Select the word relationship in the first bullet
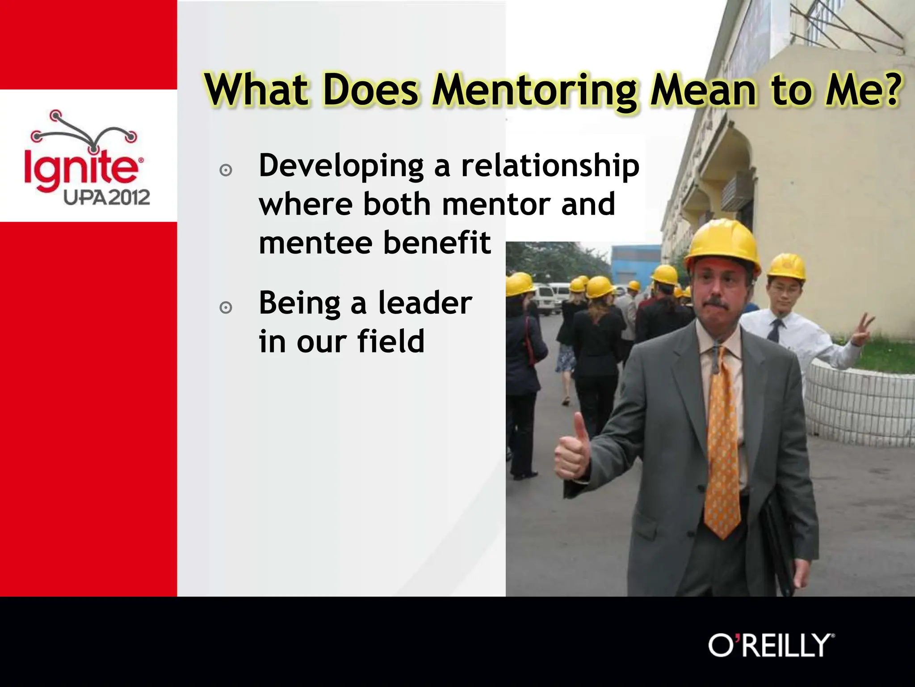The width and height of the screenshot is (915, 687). [x=550, y=166]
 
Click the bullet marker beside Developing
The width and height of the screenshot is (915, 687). [x=226, y=170]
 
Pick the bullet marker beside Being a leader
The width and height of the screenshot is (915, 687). [x=226, y=308]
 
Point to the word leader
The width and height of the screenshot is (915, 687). [x=425, y=303]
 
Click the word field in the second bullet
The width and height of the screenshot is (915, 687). [x=390, y=342]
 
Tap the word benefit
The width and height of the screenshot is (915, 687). [x=437, y=243]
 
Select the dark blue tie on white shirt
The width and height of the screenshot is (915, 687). [x=774, y=331]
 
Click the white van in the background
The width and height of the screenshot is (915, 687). [x=546, y=297]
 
